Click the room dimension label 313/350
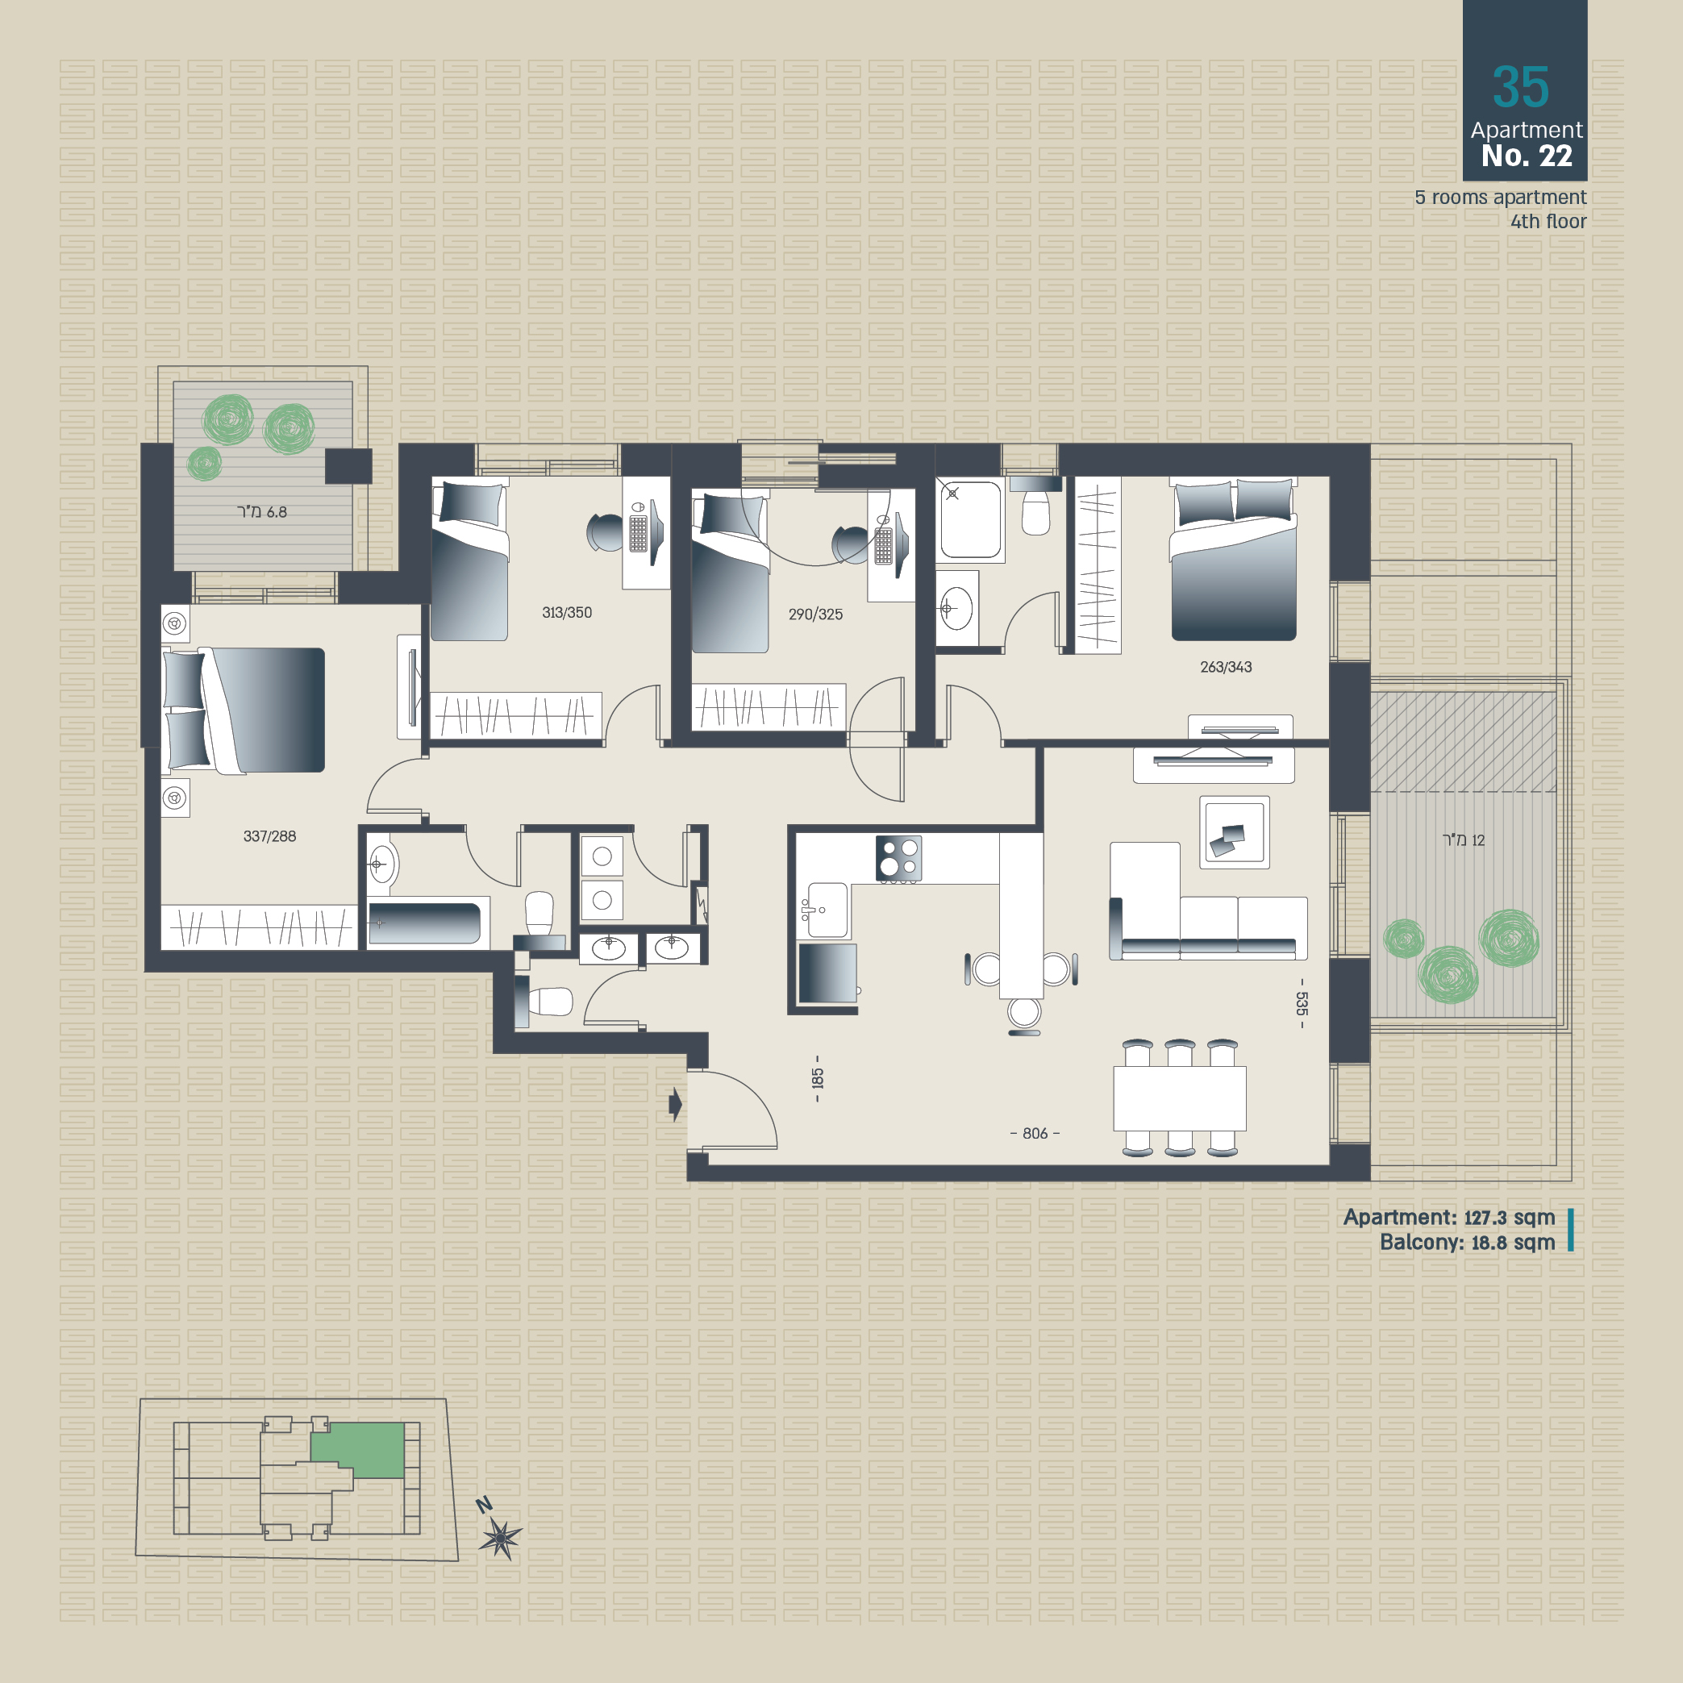click(x=566, y=612)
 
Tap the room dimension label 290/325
click(x=815, y=614)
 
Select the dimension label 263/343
click(x=1226, y=667)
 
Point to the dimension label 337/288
click(x=269, y=836)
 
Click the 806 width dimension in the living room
click(x=1035, y=1133)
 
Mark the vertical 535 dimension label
click(x=1302, y=1003)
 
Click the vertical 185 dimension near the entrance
click(x=817, y=1078)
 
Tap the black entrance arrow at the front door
click(x=675, y=1105)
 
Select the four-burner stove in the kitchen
click(x=898, y=858)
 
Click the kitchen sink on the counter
click(x=827, y=910)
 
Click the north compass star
click(x=501, y=1539)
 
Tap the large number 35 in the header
click(x=1521, y=87)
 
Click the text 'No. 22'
click(x=1527, y=156)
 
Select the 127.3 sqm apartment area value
click(x=1510, y=1218)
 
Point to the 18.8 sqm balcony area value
click(x=1513, y=1243)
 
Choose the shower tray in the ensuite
click(x=970, y=519)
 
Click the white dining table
click(x=1180, y=1098)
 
